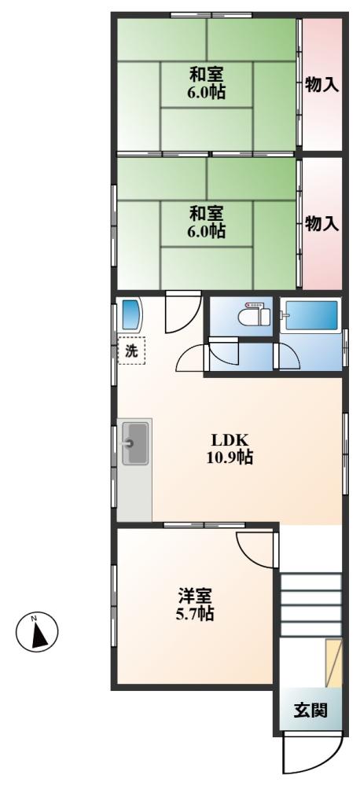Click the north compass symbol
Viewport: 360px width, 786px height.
36,630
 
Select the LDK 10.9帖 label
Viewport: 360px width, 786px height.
230,448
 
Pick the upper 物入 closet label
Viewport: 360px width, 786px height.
321,85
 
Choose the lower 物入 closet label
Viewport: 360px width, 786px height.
321,224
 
